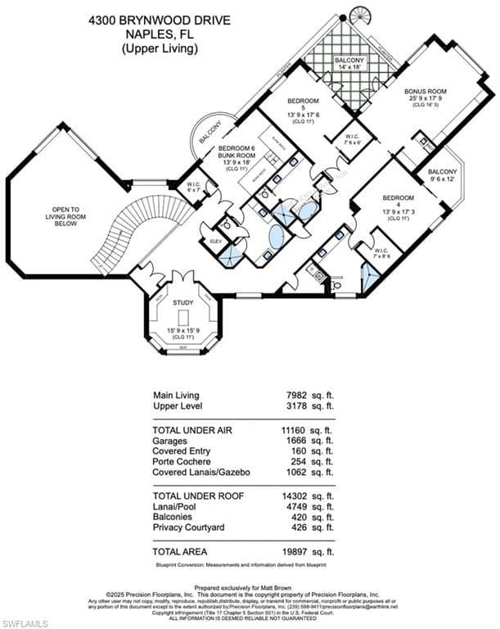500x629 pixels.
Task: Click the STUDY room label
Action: point(182,302)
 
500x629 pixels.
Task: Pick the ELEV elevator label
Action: point(217,242)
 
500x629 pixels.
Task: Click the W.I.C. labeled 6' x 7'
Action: point(194,186)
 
